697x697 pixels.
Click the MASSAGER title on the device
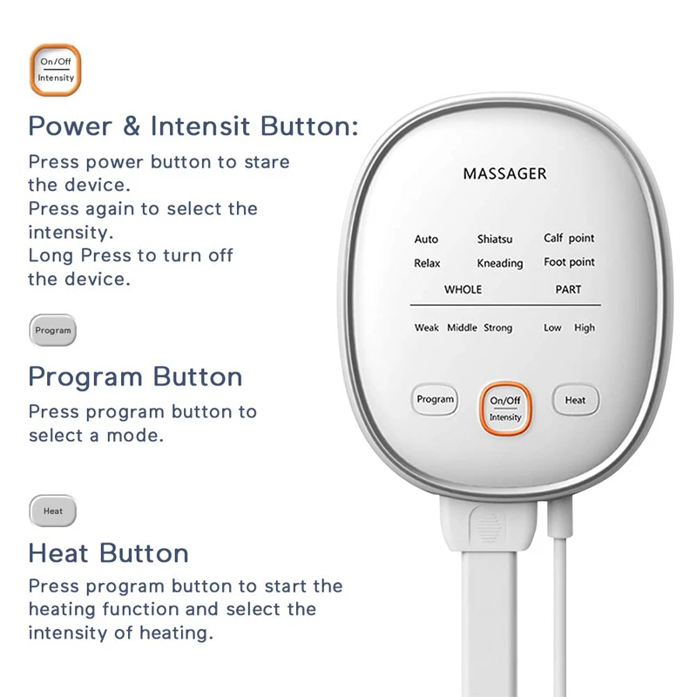pyautogui.click(x=504, y=173)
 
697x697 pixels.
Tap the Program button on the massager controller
pyautogui.click(x=435, y=400)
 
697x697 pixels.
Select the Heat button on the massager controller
pyautogui.click(x=575, y=401)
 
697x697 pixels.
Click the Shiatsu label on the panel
pyautogui.click(x=495, y=239)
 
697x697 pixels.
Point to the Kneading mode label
pyautogui.click(x=500, y=263)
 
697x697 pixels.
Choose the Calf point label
pyautogui.click(x=569, y=238)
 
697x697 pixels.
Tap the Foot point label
pyautogui.click(x=569, y=261)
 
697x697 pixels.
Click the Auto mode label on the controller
pyautogui.click(x=426, y=239)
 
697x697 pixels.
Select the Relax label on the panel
pyautogui.click(x=427, y=263)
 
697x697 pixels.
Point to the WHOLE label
pyautogui.click(x=463, y=289)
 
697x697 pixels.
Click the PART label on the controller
pyautogui.click(x=568, y=289)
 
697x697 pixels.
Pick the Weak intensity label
pyautogui.click(x=426, y=328)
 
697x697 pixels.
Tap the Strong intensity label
pyautogui.click(x=497, y=328)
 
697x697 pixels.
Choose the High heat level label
pyautogui.click(x=584, y=328)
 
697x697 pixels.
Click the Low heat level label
pyautogui.click(x=552, y=328)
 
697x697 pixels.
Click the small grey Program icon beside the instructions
pyautogui.click(x=53, y=331)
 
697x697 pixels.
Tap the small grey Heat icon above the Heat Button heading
pyautogui.click(x=53, y=511)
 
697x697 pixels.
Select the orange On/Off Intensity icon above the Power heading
pyautogui.click(x=56, y=70)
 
